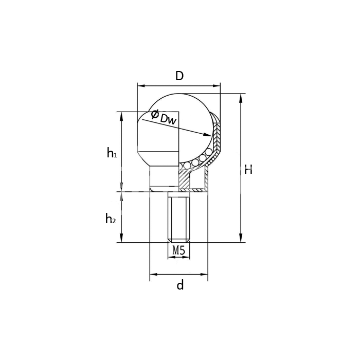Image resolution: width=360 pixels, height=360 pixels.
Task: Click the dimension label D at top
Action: pos(179,76)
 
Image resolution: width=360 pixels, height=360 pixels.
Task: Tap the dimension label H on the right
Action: pos(248,170)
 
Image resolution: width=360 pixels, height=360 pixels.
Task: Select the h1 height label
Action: pos(112,153)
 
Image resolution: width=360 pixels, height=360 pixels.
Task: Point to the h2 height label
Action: pos(111,218)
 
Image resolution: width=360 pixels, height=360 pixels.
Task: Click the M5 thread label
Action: pos(178,250)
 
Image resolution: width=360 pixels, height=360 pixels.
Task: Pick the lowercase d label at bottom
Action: pos(180,285)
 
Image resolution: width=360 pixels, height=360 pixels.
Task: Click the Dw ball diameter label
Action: pos(168,119)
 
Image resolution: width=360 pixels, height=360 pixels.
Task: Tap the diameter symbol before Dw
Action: pos(155,114)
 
